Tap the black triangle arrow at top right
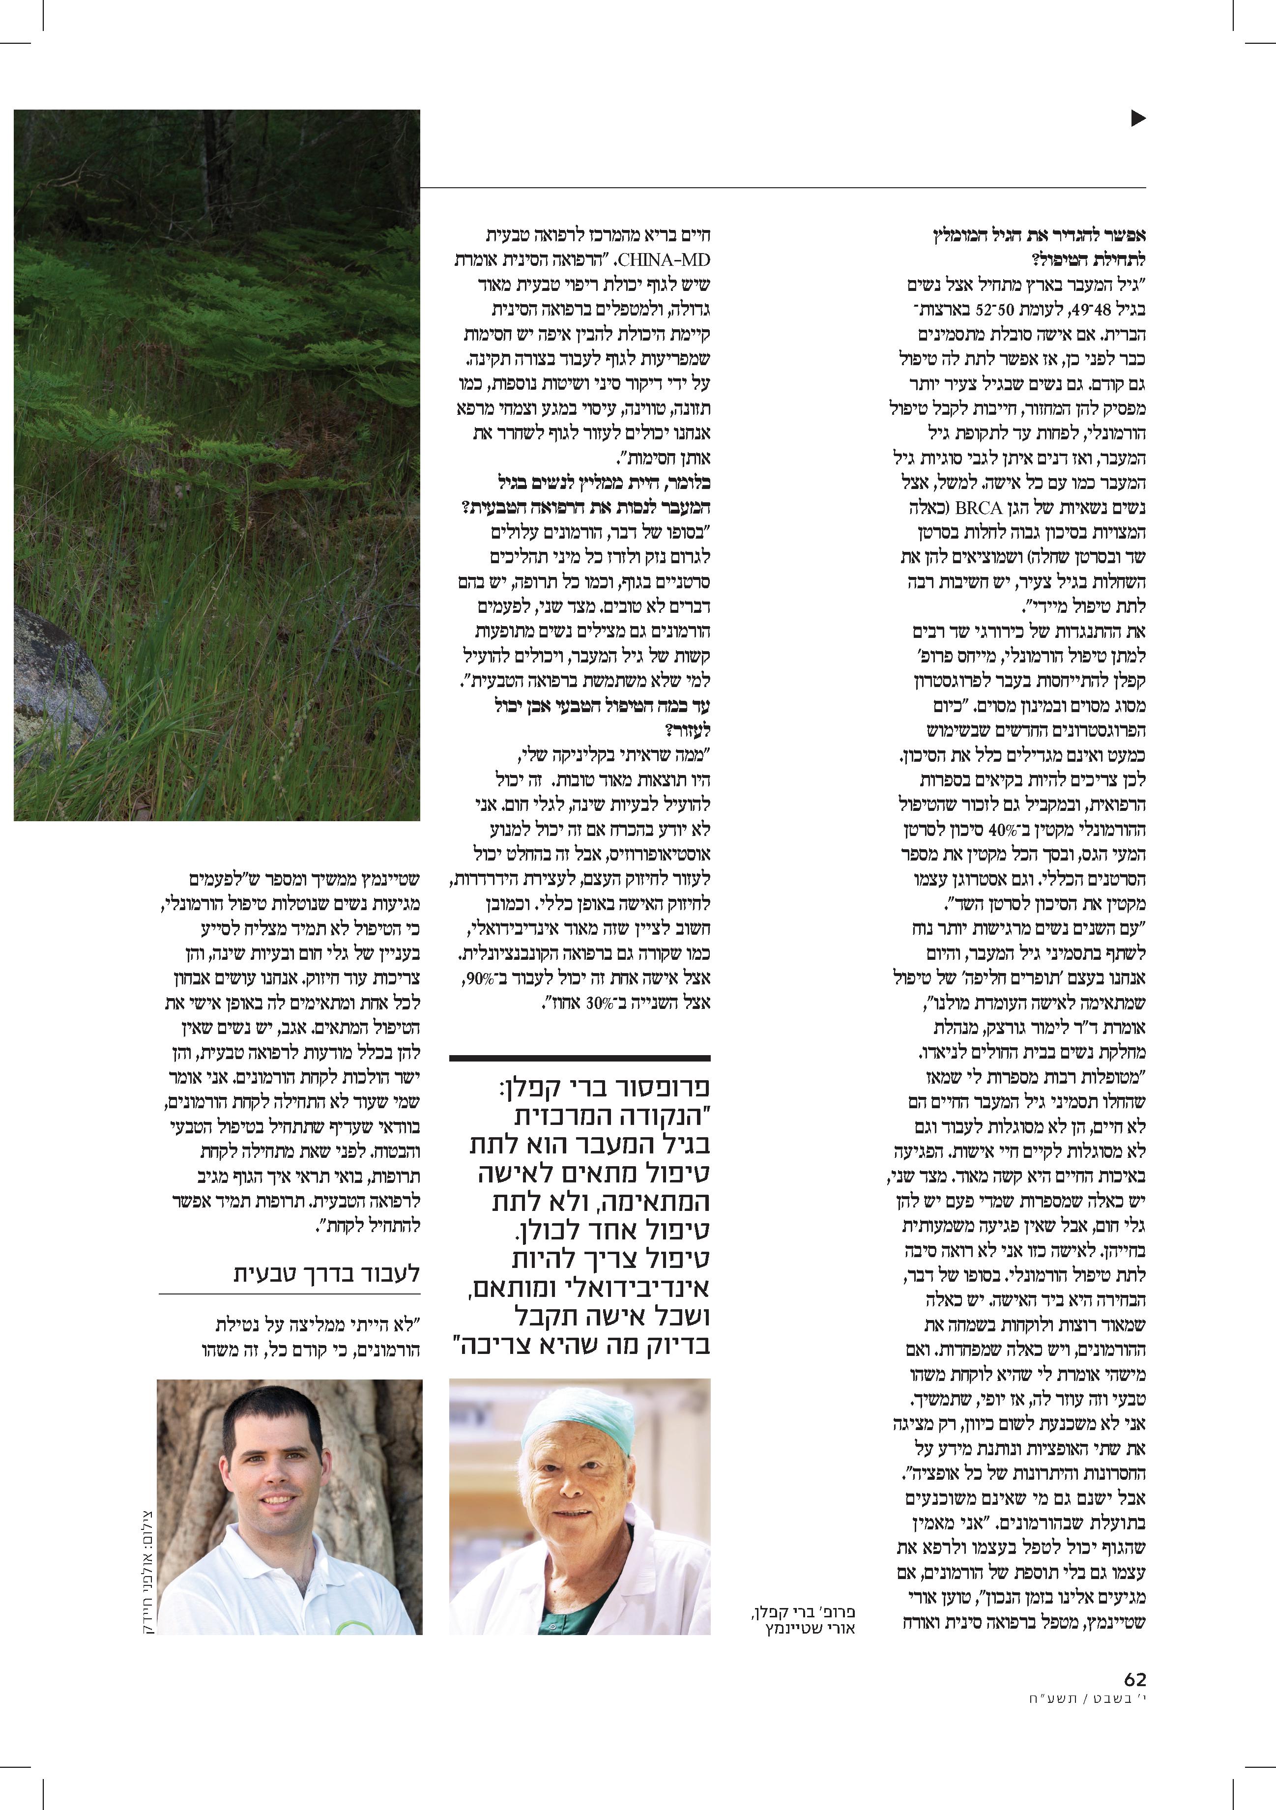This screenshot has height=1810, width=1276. tap(1137, 118)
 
